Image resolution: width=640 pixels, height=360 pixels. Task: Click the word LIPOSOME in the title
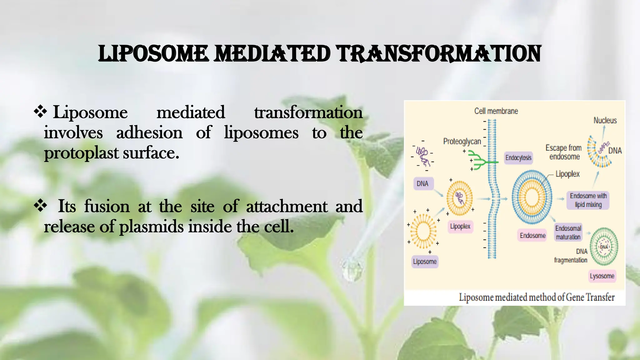coord(153,54)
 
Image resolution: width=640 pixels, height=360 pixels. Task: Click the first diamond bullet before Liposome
coord(40,112)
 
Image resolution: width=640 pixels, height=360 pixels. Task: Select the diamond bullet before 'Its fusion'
coord(40,206)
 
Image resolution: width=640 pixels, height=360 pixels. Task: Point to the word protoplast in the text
coord(81,153)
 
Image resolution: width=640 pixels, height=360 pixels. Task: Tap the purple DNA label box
coord(422,184)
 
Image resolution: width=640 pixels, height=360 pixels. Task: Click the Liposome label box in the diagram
coord(425,262)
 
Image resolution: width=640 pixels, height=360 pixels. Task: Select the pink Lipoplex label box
coord(460,226)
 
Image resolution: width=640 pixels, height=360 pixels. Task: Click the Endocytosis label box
coord(518,158)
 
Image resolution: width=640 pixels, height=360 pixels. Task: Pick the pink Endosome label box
coord(532,236)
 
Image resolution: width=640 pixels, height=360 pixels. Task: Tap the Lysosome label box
coord(602,276)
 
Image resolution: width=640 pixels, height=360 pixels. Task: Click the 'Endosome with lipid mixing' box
coord(588,200)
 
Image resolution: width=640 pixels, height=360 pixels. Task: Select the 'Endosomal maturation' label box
coord(568,233)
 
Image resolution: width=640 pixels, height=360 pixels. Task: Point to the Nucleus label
coord(605,121)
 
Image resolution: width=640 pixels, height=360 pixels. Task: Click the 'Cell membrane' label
coord(496,111)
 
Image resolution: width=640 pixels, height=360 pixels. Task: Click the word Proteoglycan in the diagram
coord(462,142)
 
